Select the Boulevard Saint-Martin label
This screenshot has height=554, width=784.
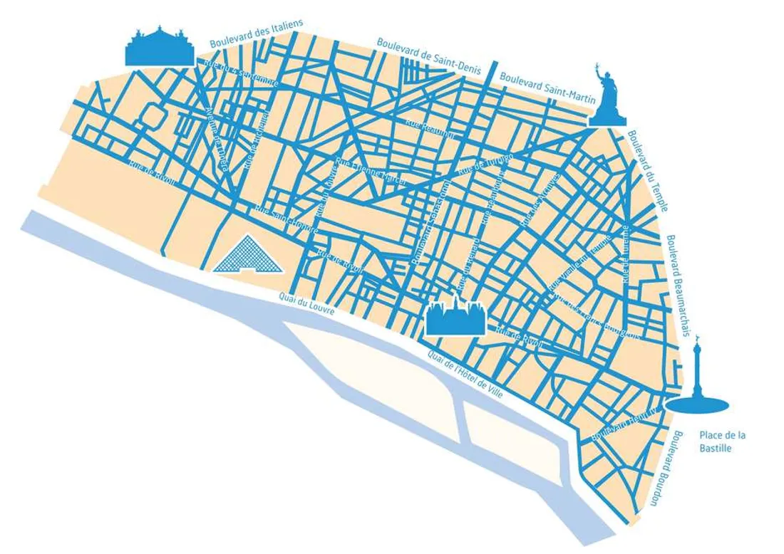coord(547,88)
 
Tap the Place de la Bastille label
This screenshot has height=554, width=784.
coord(722,441)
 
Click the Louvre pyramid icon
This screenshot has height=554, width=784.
coord(247,256)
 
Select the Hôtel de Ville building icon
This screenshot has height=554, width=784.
coord(455,318)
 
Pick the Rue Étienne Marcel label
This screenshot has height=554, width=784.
coord(371,170)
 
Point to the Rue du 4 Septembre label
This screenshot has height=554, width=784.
coord(240,73)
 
